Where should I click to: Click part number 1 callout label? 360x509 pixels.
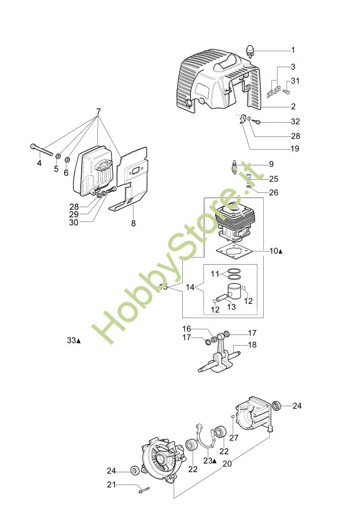coord(293,50)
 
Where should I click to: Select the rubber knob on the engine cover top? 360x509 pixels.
coord(251,50)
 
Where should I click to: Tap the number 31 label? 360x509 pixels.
coord(296,80)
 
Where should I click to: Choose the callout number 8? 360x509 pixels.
coord(133,222)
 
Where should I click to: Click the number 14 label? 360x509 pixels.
coord(190,288)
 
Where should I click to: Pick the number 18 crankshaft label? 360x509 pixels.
coord(253,345)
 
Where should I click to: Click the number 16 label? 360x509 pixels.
coord(187,329)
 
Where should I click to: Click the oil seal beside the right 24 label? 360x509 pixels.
coord(278,406)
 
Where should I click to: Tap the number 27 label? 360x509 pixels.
coord(234,437)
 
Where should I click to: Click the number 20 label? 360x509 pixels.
coord(228,464)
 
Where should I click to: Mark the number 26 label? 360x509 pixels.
coord(273,193)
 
